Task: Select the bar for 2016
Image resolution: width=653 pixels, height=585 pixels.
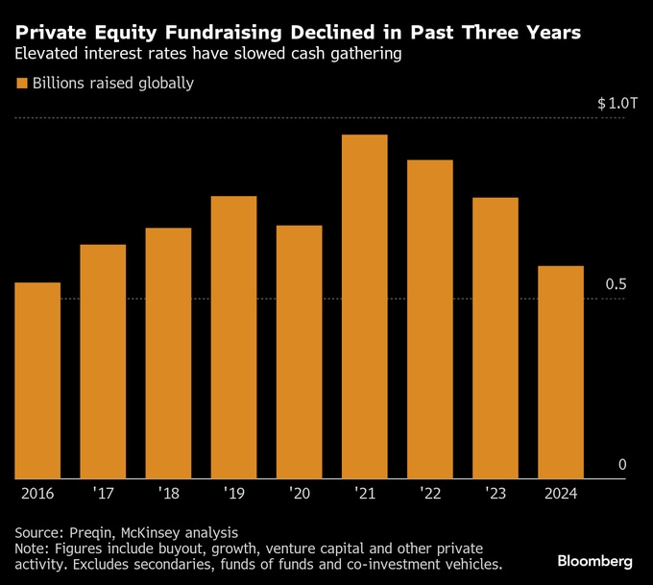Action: (37, 380)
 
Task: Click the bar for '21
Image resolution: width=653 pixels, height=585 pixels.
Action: (364, 306)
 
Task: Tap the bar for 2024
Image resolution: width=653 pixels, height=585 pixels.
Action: (561, 372)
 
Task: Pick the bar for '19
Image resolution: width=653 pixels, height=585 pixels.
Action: (233, 337)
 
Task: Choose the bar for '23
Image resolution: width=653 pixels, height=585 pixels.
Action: (496, 338)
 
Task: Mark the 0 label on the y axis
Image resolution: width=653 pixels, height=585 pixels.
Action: (622, 466)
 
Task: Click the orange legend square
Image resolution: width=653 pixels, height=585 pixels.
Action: (22, 84)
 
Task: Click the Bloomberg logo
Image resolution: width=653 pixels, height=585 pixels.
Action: (594, 560)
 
